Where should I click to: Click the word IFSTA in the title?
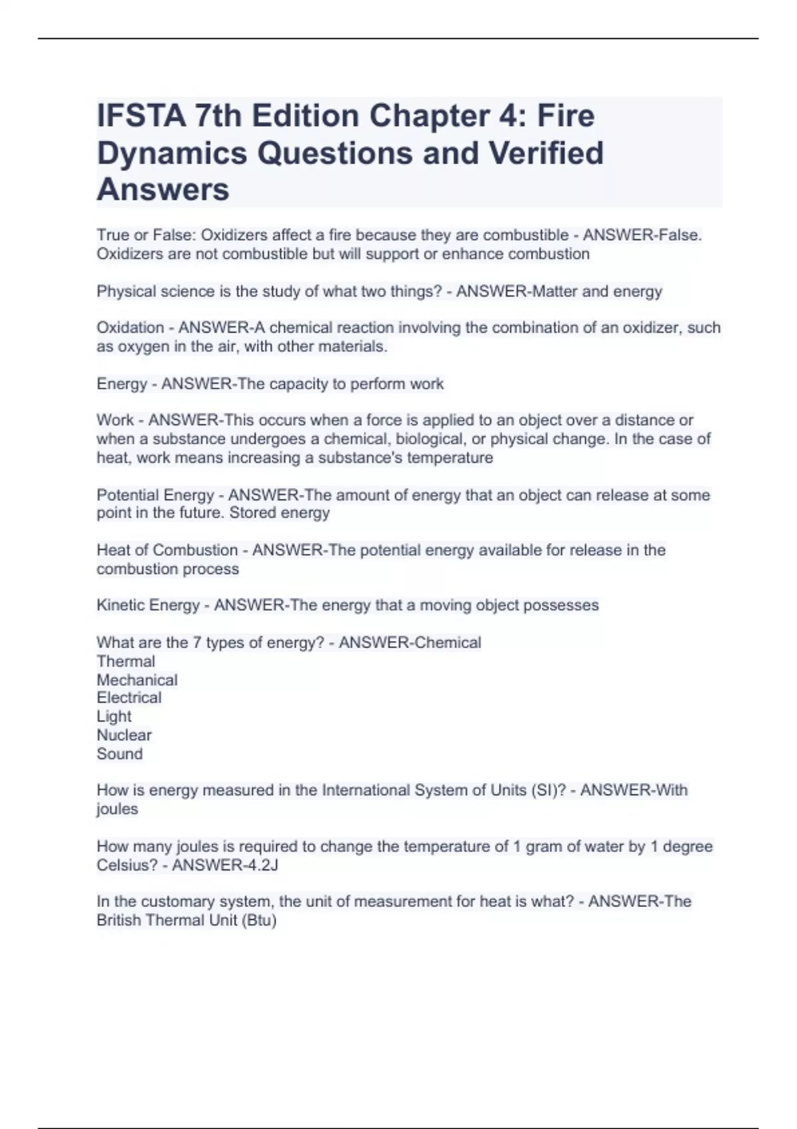(141, 116)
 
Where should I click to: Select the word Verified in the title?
(546, 153)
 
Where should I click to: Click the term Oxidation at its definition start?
(130, 327)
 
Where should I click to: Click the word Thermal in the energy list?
(126, 661)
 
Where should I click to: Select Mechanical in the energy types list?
(137, 680)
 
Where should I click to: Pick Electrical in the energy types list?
(129, 698)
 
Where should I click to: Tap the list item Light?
(114, 717)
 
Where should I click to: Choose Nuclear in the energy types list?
(124, 735)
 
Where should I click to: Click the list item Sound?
(120, 754)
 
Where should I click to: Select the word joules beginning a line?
(117, 809)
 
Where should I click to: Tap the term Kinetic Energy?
(148, 605)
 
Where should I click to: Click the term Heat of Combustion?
(167, 550)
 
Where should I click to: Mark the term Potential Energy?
(155, 495)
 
